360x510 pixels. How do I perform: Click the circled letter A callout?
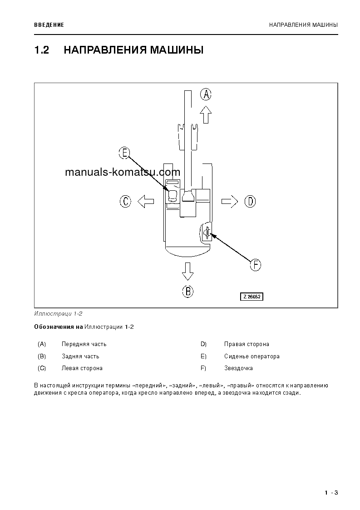206,94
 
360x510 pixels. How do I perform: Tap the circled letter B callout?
187,291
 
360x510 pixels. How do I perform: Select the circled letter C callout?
125,201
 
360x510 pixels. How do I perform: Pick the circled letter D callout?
250,201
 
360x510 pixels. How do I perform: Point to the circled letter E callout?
124,153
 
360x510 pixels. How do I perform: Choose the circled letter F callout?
256,265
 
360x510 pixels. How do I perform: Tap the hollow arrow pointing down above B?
187,271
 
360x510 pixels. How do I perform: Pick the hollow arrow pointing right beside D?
230,201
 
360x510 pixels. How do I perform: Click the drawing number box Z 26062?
252,297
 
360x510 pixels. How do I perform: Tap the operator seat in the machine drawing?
173,195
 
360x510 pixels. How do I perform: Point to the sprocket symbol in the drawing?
207,233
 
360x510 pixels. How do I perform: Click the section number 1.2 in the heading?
41,50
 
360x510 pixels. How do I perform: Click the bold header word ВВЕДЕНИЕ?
49,25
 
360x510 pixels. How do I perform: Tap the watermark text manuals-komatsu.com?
123,172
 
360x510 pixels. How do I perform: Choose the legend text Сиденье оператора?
252,356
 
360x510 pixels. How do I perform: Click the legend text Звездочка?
238,368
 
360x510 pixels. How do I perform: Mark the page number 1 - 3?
331,493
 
